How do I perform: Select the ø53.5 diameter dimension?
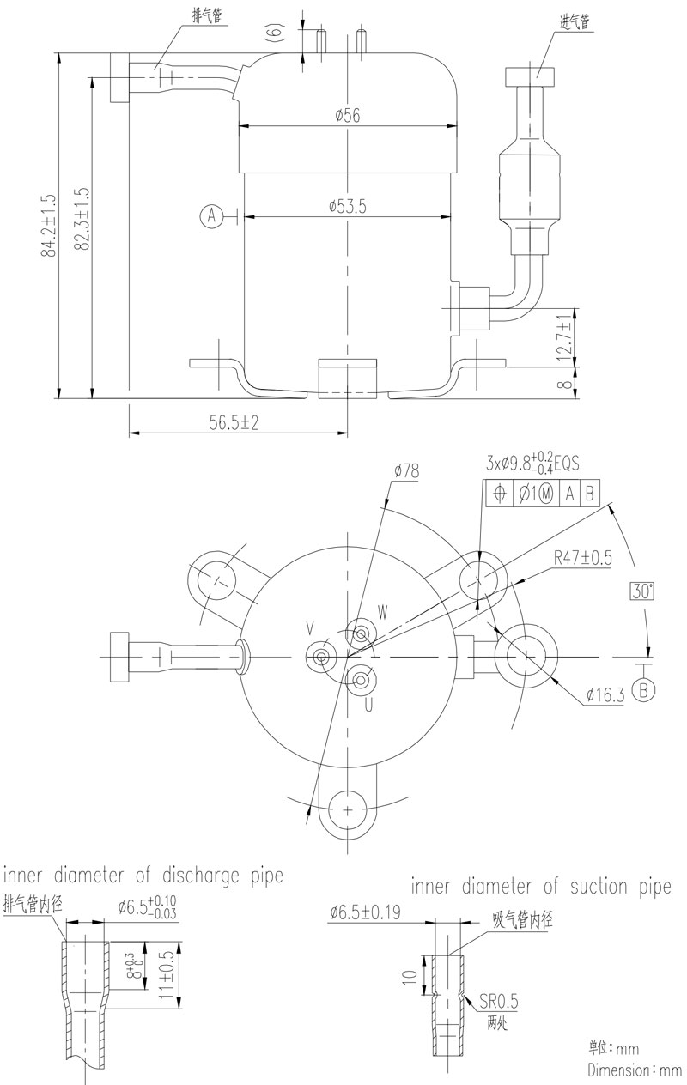pos(347,206)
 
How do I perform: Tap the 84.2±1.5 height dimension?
pos(49,225)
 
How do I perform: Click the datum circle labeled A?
pos(211,216)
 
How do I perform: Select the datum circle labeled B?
pos(646,690)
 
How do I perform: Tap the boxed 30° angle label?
pos(642,591)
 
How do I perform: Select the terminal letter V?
pos(310,631)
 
